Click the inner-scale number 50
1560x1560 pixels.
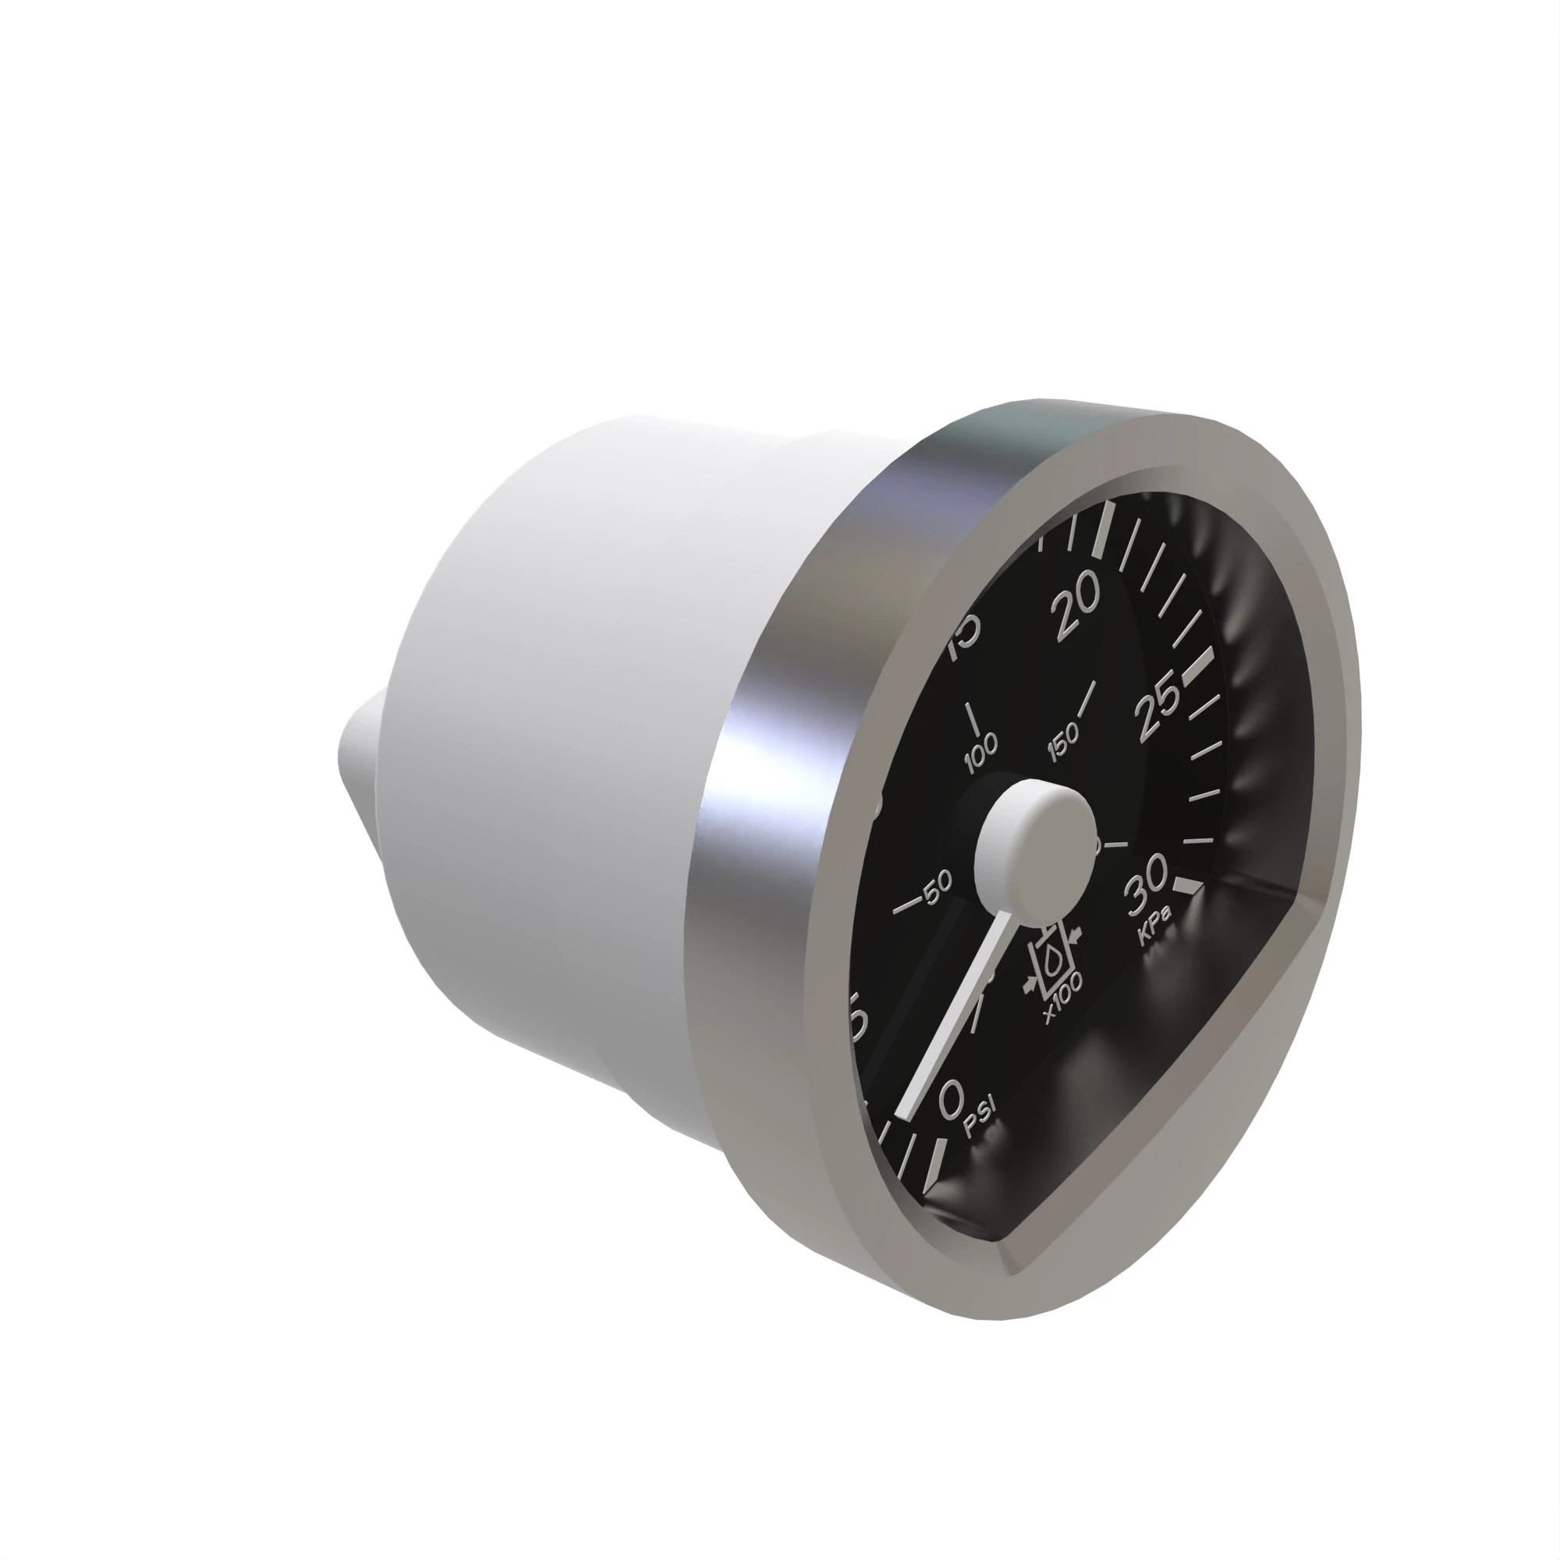tap(938, 890)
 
